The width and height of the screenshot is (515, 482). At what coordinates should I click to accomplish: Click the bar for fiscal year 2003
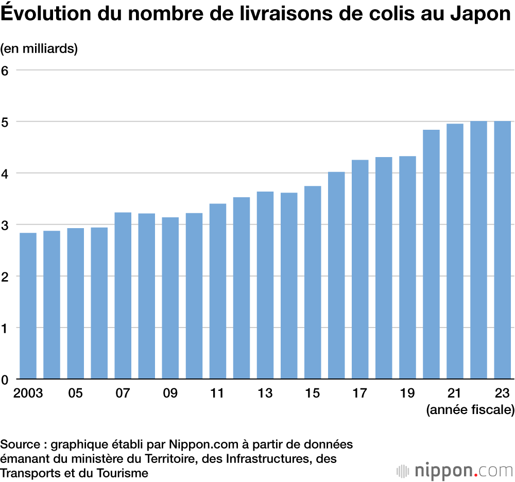coord(28,306)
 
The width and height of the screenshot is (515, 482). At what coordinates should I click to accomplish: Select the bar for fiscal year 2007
coord(123,296)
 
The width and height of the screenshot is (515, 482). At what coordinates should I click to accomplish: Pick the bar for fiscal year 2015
coord(313,283)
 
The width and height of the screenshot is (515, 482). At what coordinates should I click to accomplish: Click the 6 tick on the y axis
coord(5,70)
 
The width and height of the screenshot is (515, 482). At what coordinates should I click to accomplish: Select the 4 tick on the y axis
coord(5,173)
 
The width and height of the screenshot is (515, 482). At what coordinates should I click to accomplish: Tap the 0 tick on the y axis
coord(5,380)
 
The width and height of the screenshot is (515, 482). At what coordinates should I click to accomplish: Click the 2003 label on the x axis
coord(28,394)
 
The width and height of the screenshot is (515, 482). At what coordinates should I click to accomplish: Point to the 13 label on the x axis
coord(265,394)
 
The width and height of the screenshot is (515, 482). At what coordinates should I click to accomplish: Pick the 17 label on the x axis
coord(360,394)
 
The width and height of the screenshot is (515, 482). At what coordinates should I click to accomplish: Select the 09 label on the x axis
coord(170,394)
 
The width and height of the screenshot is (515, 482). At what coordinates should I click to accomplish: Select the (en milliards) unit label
coord(39,49)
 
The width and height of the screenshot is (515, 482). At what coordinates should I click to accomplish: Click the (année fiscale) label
coord(470,410)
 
